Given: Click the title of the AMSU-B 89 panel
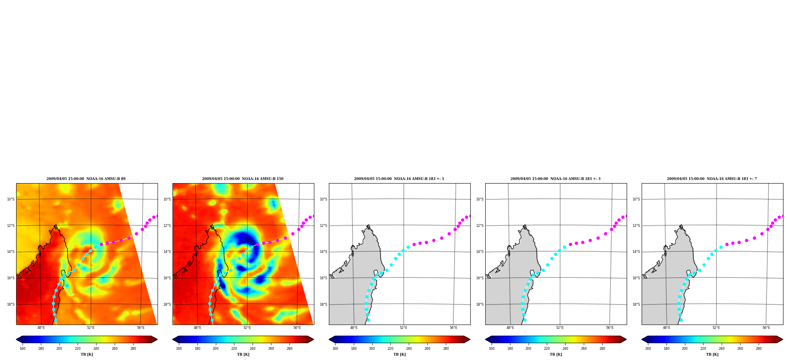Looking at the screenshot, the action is (86, 179).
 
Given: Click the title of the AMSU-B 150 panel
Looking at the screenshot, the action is (243, 179).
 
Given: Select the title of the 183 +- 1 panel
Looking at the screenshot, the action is (399, 179).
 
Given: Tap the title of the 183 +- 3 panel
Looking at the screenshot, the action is (555, 179).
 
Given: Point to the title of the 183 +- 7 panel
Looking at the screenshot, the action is (712, 179).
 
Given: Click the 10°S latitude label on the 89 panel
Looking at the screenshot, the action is (11, 199).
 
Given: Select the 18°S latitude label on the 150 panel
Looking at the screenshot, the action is (167, 304).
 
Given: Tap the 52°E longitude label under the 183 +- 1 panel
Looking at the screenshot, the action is (403, 328).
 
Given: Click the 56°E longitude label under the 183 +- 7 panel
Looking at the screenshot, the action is (766, 328).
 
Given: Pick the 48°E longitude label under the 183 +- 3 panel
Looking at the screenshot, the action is (510, 328).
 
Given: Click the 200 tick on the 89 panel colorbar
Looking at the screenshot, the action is (59, 349).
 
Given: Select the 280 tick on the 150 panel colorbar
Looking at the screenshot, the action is (290, 349).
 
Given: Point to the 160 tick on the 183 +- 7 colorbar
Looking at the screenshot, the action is (648, 349).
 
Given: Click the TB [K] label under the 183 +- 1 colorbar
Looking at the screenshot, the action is (399, 354).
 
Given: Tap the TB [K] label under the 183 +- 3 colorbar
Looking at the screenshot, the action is (556, 354).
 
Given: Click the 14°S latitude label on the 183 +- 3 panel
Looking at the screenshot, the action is (480, 252).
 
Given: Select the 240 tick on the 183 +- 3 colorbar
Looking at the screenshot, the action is (565, 349).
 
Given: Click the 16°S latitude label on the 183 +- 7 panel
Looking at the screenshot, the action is (636, 278).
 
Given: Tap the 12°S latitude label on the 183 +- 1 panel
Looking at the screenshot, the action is (323, 226).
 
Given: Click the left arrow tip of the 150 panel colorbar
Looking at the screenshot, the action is (173, 340).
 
